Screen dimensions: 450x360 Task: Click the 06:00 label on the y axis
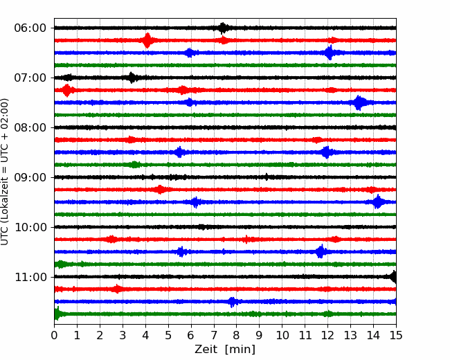click(x=30, y=28)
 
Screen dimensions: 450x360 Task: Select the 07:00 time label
click(x=30, y=78)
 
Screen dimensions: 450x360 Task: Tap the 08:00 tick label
click(x=30, y=127)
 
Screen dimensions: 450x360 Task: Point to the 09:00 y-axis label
click(x=30, y=177)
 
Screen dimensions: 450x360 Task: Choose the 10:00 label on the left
click(x=30, y=227)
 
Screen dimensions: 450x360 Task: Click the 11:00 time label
click(x=30, y=277)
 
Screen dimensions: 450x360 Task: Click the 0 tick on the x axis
click(x=54, y=335)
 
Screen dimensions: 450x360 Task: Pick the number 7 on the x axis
click(x=214, y=335)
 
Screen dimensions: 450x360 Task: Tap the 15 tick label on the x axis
click(x=396, y=335)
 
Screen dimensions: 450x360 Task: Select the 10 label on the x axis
click(x=282, y=335)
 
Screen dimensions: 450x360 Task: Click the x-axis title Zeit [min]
click(x=225, y=350)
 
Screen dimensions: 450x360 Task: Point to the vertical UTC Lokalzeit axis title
click(x=4, y=172)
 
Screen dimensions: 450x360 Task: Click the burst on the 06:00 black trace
click(x=222, y=28)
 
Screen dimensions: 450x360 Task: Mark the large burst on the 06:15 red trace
click(x=147, y=40)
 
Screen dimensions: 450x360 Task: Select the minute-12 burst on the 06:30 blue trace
click(x=330, y=53)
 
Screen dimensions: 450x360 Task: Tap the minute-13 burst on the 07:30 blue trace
click(x=359, y=102)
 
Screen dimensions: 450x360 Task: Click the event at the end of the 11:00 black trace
click(x=393, y=277)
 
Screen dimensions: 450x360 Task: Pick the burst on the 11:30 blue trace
click(x=233, y=302)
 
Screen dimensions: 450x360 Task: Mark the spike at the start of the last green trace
click(x=57, y=314)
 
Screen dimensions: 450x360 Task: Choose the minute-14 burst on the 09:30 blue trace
click(x=378, y=202)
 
